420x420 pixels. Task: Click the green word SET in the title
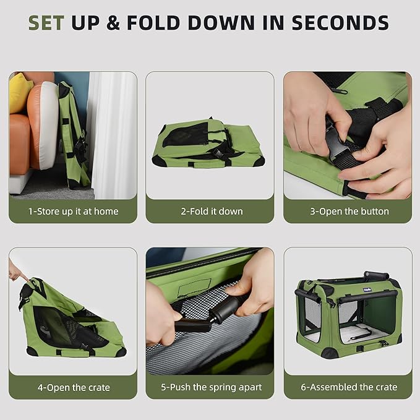pos(46,23)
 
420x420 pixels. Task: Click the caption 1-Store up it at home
pos(73,211)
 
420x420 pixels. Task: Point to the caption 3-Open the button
pos(349,211)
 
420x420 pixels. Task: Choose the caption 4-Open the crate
pos(73,387)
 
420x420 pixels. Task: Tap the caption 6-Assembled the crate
pos(349,387)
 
